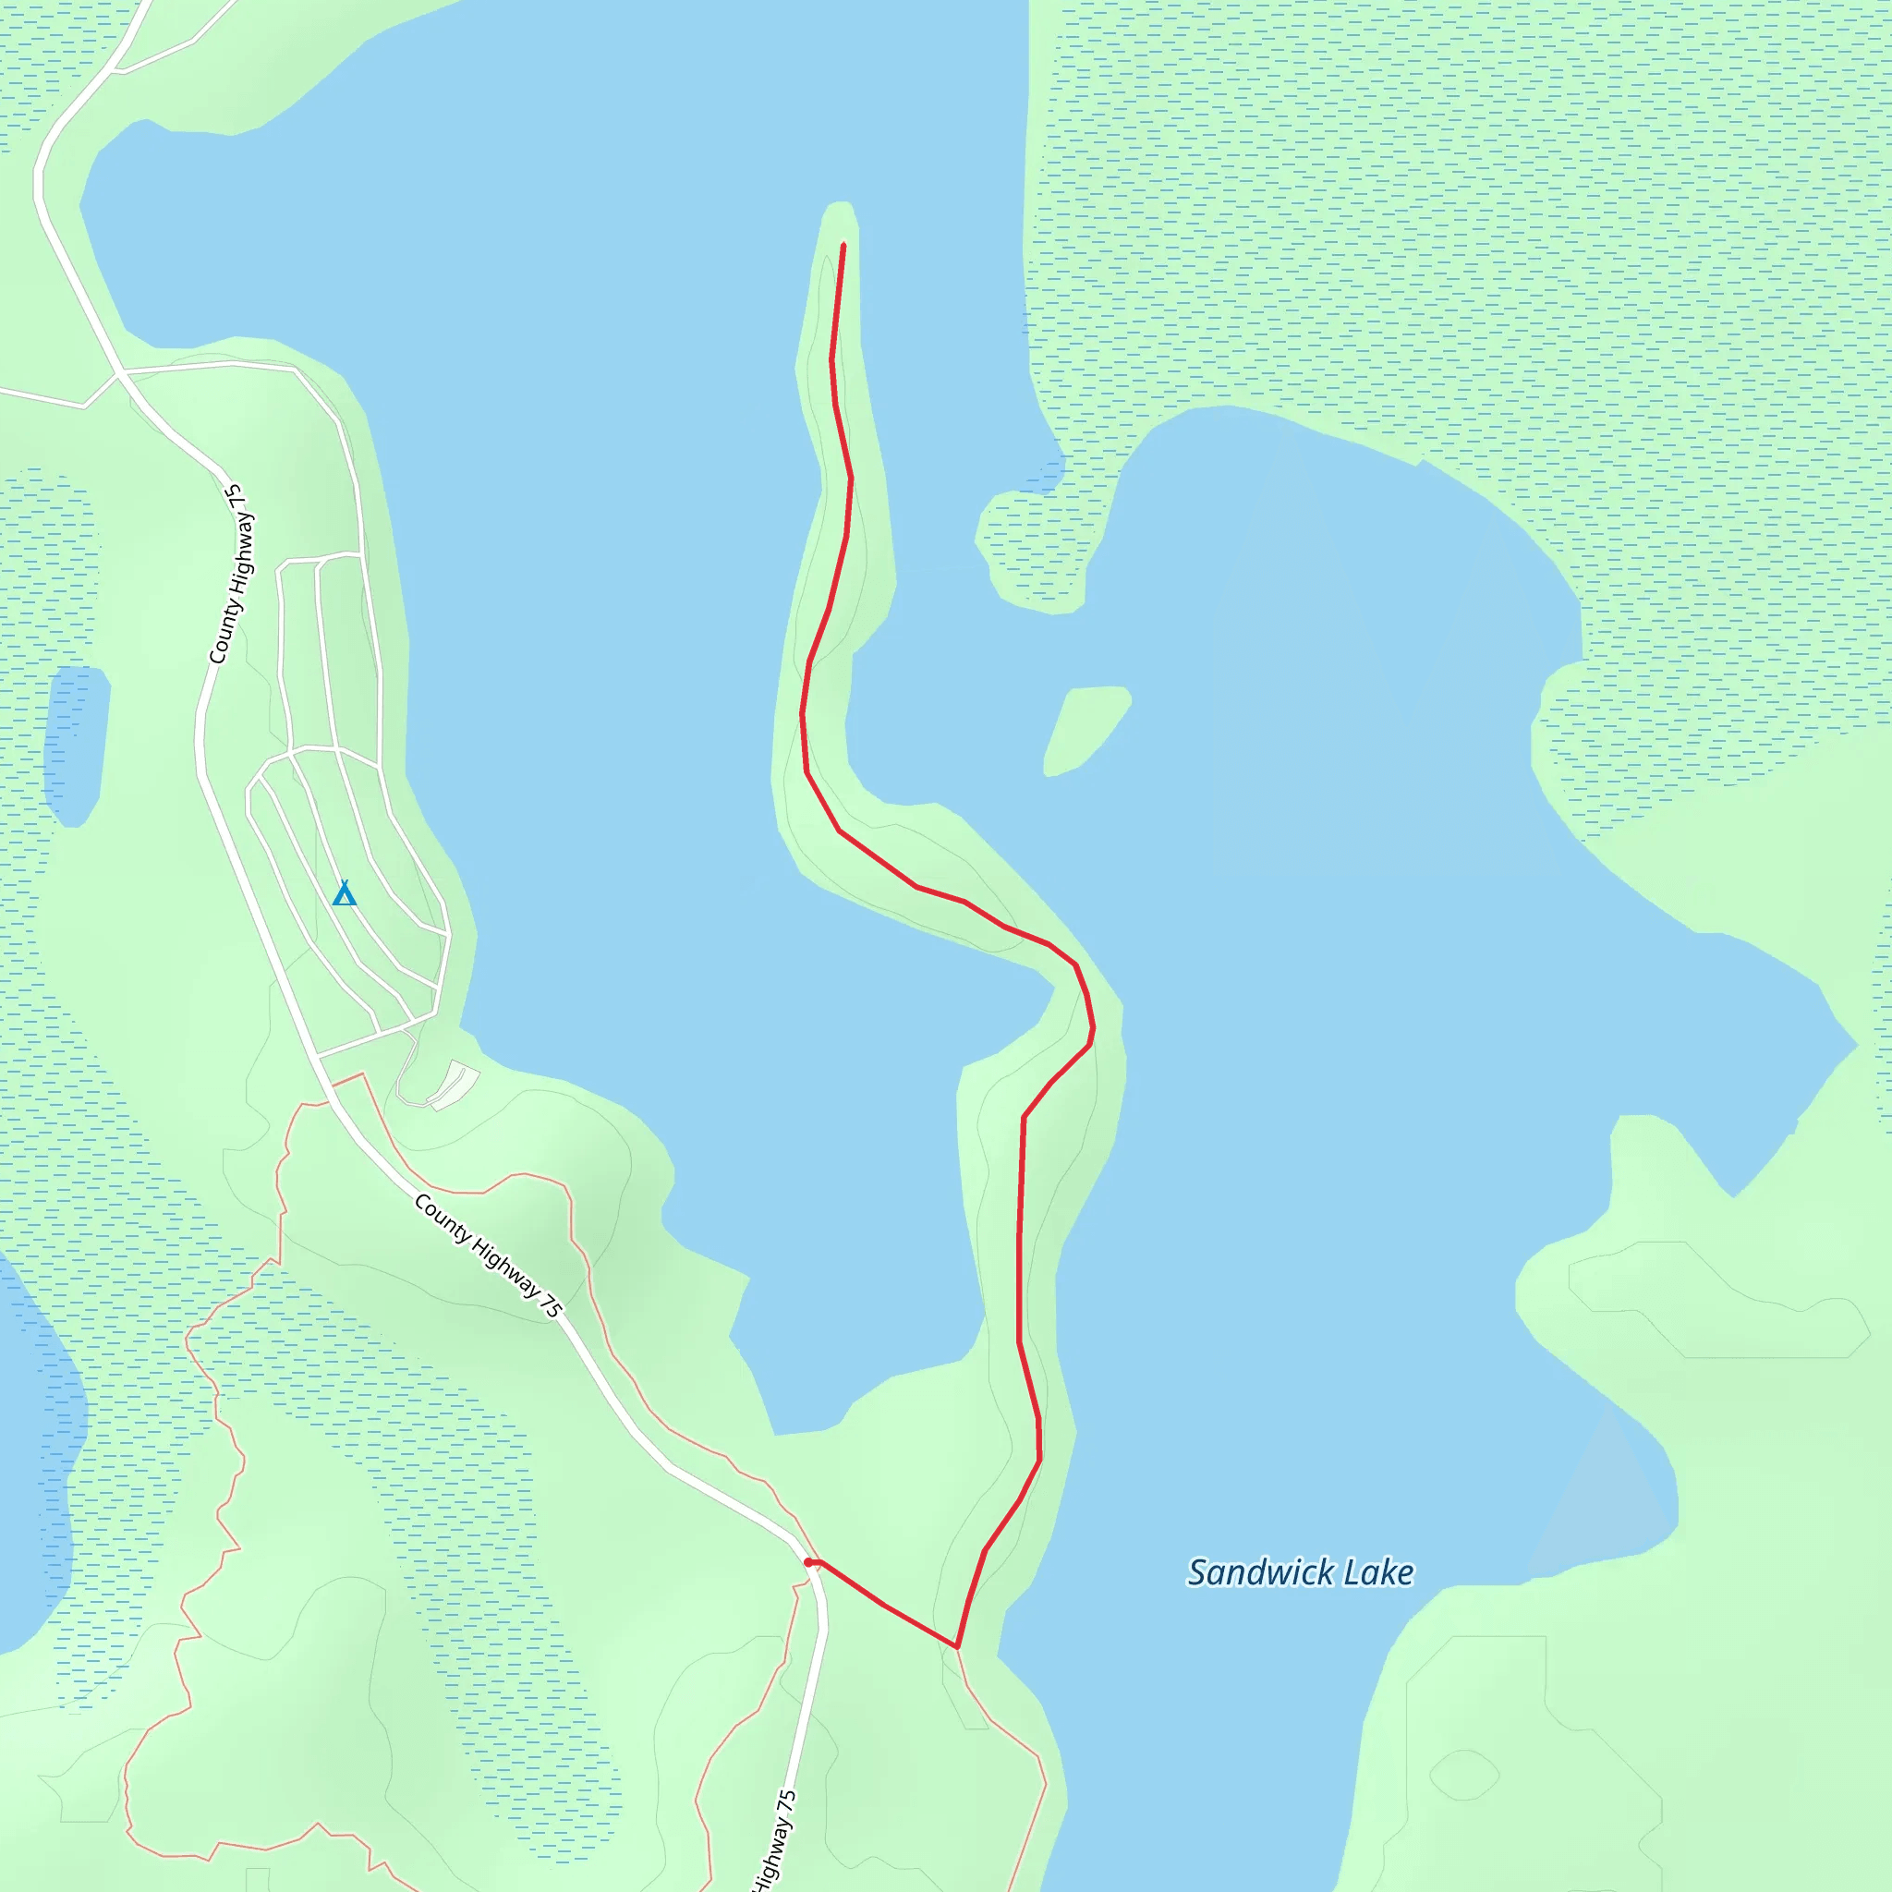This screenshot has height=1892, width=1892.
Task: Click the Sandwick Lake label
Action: click(x=1300, y=1571)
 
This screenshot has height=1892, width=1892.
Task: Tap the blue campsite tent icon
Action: click(x=344, y=893)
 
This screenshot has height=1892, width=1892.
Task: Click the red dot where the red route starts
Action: click(x=809, y=1562)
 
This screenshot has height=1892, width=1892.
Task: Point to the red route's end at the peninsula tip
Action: click(x=843, y=245)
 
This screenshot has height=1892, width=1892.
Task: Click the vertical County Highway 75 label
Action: click(x=231, y=574)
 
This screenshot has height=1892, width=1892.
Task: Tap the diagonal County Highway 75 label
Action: click(x=487, y=1255)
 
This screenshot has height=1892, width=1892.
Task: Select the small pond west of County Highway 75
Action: click(x=76, y=745)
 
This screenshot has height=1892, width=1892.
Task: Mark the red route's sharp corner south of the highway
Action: click(x=957, y=1647)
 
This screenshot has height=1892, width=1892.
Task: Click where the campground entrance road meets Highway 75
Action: click(x=319, y=1057)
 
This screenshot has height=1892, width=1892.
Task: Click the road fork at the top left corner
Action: click(x=115, y=70)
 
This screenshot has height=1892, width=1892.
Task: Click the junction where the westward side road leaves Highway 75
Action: click(x=119, y=373)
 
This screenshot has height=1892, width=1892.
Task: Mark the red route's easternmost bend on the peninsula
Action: click(x=1094, y=1028)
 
